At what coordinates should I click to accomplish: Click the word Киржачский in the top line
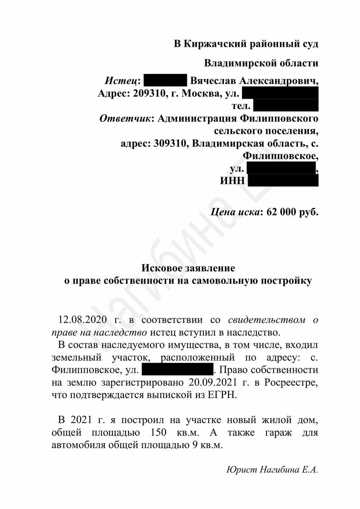(x=214, y=44)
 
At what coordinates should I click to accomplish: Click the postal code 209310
(x=150, y=93)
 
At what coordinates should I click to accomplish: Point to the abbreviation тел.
(x=241, y=106)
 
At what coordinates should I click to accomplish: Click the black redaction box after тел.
(x=286, y=106)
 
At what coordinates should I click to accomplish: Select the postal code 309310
(x=171, y=144)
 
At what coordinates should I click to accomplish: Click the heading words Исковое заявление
(x=188, y=268)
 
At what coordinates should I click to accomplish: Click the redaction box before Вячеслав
(x=166, y=81)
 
